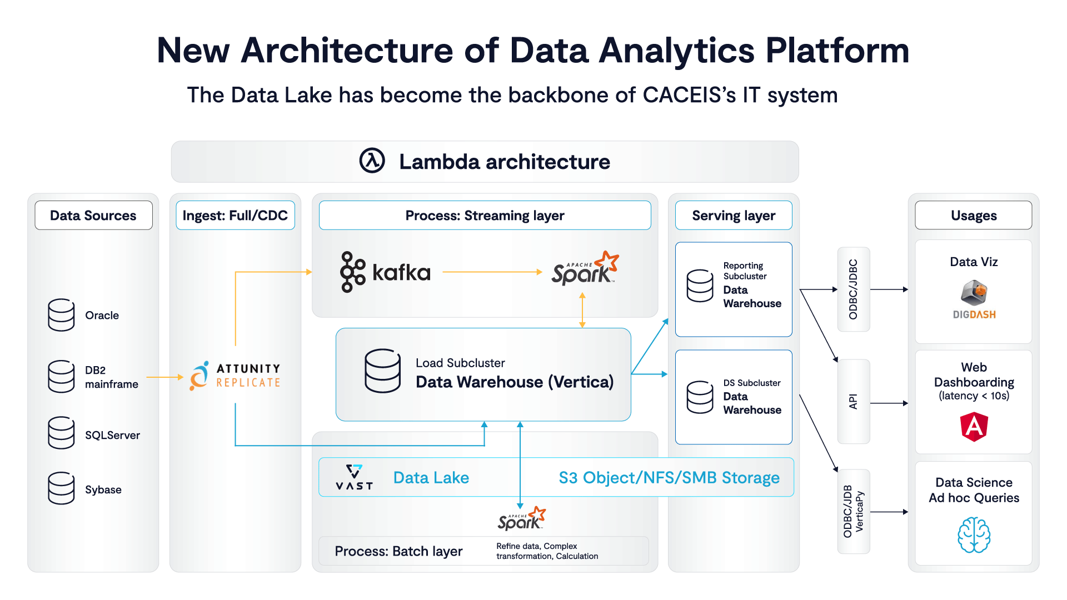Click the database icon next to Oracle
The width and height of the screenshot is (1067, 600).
(61, 315)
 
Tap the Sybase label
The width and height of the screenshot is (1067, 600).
(103, 489)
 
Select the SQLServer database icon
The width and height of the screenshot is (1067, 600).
(61, 433)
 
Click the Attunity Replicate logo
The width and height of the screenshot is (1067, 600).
(235, 376)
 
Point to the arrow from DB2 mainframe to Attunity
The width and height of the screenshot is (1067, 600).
(164, 377)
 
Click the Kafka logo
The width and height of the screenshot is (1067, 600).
(385, 272)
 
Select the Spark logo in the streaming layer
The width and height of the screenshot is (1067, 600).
(585, 269)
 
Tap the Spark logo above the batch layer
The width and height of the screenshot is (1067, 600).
(521, 518)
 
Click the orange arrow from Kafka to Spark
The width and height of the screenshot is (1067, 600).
(492, 272)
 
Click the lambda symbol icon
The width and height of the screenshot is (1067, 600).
(372, 161)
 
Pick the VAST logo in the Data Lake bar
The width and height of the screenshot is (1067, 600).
(354, 477)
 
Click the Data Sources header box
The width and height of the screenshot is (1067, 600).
(93, 216)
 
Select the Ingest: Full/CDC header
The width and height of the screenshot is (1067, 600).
(235, 216)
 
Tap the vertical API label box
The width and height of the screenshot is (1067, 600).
(853, 401)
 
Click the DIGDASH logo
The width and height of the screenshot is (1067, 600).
(974, 300)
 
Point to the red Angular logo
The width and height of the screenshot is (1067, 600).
(974, 427)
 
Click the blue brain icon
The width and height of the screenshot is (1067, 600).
(974, 534)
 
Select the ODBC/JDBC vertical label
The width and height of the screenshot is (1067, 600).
(853, 289)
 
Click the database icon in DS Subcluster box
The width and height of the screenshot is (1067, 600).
(700, 397)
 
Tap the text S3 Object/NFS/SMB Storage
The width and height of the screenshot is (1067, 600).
(669, 477)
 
